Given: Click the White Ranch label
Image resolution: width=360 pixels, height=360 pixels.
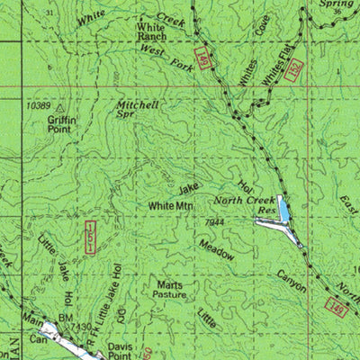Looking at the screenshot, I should (150, 33).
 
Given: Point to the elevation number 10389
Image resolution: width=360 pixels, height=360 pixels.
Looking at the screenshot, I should (39, 106).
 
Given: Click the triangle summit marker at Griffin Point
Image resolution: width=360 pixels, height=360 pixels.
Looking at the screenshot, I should (61, 107).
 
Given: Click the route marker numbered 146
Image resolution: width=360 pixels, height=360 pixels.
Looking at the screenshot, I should (336, 309).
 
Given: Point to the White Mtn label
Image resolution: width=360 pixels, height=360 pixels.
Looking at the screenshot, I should (166, 206).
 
